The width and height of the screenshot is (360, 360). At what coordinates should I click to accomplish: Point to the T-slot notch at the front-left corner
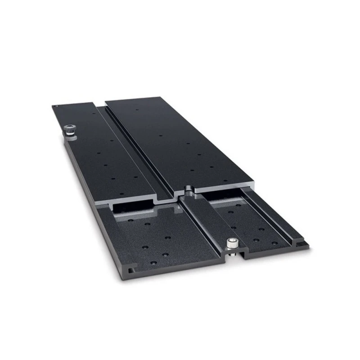[x=130, y=270]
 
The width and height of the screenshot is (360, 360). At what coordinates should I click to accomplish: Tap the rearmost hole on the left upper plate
[x=93, y=114]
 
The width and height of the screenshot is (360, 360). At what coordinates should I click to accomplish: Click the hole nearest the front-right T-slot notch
[x=275, y=242]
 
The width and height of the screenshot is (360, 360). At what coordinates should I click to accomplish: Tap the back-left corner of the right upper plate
[x=107, y=102]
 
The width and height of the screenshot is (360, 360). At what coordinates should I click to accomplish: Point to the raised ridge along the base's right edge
[x=274, y=211]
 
